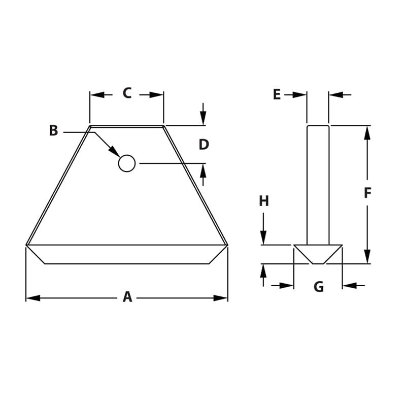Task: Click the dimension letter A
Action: (127, 297)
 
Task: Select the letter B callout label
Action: (53, 131)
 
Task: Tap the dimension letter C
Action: (127, 93)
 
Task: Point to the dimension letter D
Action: (204, 145)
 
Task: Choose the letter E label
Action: (277, 94)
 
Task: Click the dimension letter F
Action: (368, 193)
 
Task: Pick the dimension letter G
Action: (319, 287)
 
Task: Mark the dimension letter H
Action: (264, 201)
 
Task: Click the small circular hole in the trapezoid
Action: (127, 163)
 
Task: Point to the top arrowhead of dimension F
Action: (367, 132)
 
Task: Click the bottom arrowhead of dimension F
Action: (367, 257)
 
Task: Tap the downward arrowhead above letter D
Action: (203, 118)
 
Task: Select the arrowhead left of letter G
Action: (287, 286)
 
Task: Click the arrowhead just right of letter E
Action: (299, 94)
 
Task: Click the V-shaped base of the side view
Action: (318, 254)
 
